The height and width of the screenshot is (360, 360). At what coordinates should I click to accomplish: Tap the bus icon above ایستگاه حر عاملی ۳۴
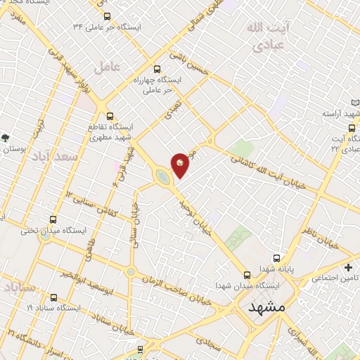(x=107, y=15)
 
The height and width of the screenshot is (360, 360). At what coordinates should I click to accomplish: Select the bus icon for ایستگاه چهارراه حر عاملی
(x=157, y=69)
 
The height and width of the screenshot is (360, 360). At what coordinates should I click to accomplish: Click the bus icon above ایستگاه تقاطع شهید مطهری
(x=110, y=116)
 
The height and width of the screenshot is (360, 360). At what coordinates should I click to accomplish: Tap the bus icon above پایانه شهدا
(x=276, y=258)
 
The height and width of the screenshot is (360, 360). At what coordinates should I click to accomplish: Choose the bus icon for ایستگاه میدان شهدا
(x=247, y=275)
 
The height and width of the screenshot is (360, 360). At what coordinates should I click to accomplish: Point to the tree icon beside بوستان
(x=6, y=138)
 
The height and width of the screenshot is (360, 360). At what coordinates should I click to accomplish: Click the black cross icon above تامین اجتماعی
(x=349, y=267)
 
